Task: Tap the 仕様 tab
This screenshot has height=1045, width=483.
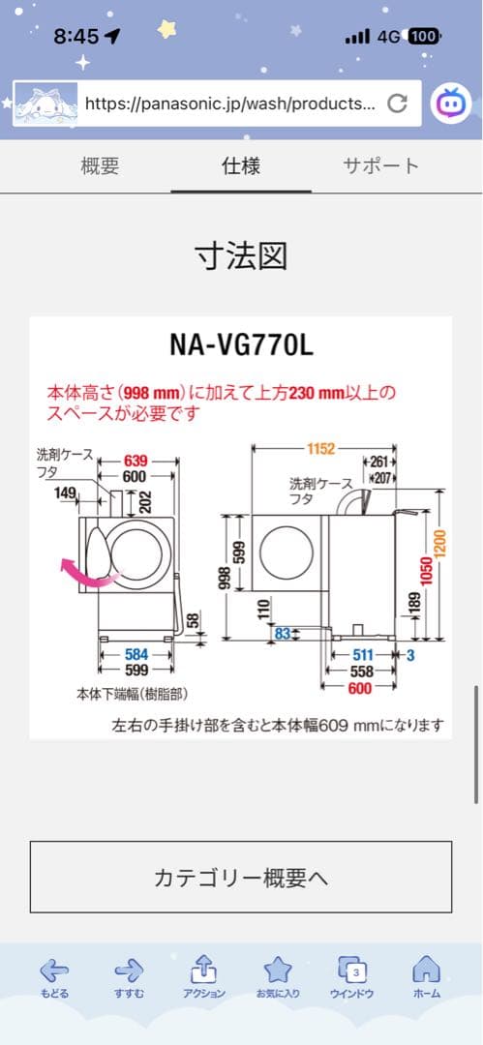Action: click(x=241, y=165)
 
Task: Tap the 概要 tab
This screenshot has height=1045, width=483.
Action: click(x=100, y=165)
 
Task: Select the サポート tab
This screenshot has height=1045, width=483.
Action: click(x=381, y=165)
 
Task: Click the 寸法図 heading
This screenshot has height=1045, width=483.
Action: click(x=241, y=256)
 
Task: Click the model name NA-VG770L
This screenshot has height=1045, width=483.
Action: click(x=241, y=344)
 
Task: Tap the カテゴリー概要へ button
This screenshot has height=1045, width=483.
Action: click(x=241, y=877)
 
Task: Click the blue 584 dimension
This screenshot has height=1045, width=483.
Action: click(x=136, y=654)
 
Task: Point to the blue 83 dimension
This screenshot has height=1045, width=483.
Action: click(x=283, y=633)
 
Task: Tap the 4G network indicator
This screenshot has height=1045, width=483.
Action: click(x=389, y=37)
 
